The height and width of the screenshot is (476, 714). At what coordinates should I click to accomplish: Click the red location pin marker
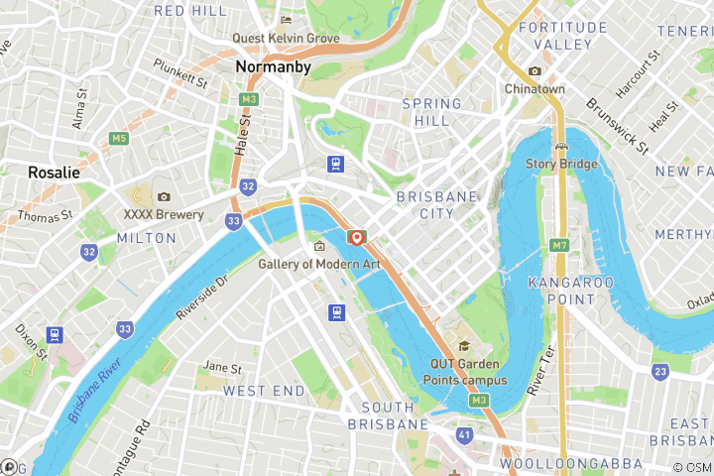356,238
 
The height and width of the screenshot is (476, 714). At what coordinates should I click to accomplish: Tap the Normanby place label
274,67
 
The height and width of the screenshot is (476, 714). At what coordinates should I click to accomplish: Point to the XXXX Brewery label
164,214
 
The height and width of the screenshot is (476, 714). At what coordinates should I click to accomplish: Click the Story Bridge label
561,164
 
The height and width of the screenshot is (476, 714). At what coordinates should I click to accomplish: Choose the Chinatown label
534,89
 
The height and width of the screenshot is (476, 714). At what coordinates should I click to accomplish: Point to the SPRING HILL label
431,112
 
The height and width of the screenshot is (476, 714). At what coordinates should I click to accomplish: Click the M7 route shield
560,245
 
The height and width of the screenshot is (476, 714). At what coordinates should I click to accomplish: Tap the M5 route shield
120,138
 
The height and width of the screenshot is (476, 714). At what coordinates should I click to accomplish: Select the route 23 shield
660,372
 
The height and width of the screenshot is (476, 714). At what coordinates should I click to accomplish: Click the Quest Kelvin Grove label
286,39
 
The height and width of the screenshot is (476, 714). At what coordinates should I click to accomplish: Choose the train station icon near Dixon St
54,335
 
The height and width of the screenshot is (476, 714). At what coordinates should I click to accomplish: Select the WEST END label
264,392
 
